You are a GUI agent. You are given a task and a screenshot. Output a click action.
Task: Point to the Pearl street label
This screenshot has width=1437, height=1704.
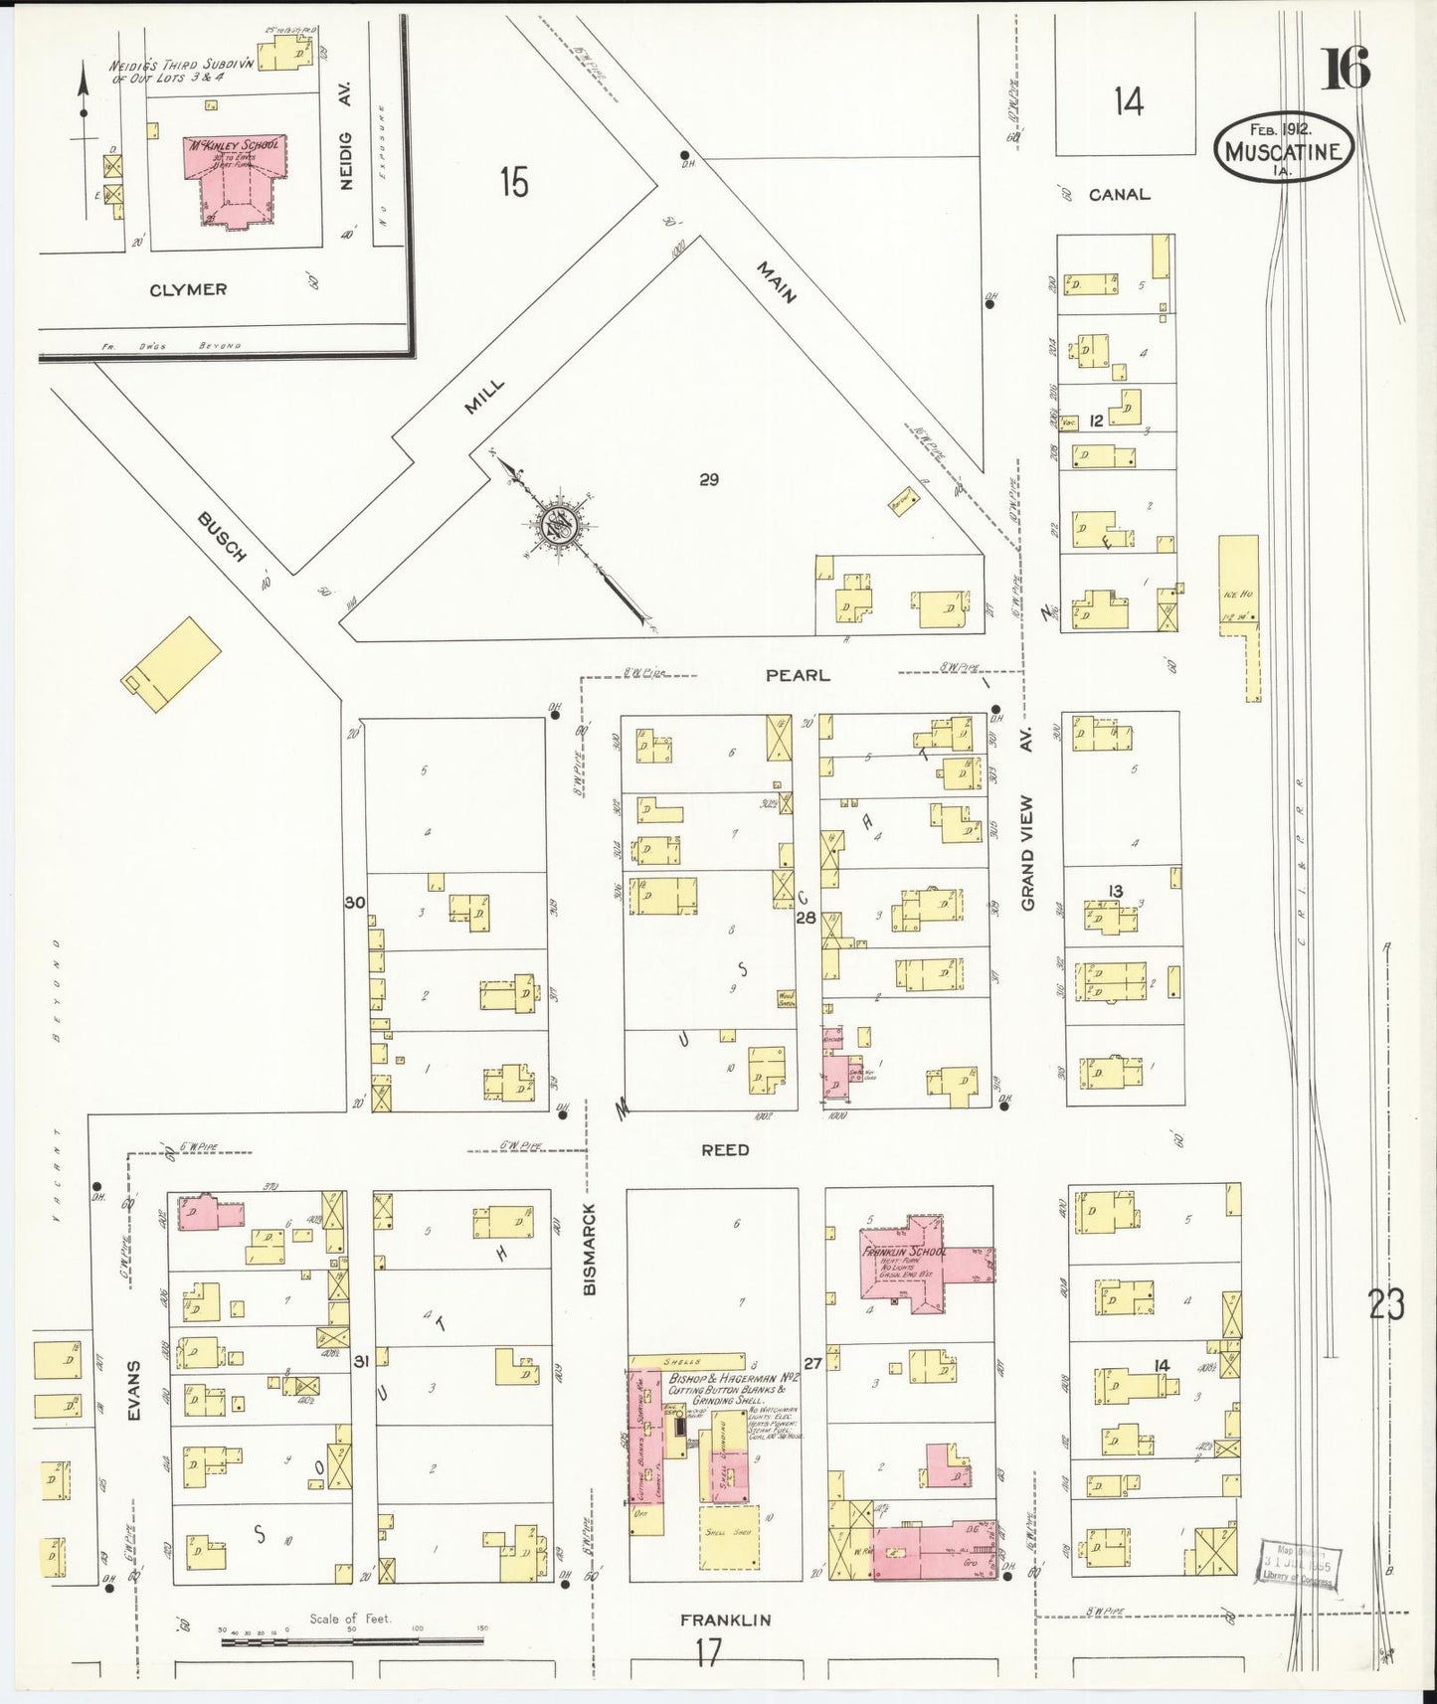pyautogui.click(x=797, y=676)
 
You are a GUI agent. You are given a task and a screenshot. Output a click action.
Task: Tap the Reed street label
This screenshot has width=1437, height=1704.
pyautogui.click(x=725, y=1150)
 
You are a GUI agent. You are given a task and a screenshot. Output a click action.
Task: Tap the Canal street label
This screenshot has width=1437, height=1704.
pyautogui.click(x=1119, y=195)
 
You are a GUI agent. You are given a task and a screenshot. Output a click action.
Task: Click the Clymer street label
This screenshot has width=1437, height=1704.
pyautogui.click(x=188, y=290)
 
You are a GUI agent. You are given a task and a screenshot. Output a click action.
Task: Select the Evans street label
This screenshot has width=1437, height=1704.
pyautogui.click(x=134, y=1390)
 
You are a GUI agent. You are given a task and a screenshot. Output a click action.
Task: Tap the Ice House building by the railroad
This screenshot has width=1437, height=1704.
pyautogui.click(x=1238, y=587)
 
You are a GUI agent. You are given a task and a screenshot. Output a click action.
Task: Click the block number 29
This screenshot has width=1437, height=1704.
pyautogui.click(x=708, y=480)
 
